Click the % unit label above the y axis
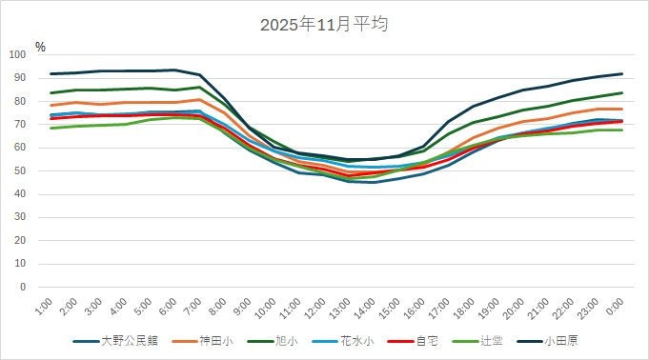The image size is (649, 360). tap(40, 46)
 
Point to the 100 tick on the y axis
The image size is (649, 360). tap(23, 54)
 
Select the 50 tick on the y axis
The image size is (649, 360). tap(26, 170)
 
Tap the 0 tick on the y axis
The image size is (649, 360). tap(29, 287)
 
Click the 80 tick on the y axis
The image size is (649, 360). tap(26, 101)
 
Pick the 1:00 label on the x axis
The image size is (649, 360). tap(43, 307)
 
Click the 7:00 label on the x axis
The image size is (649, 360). tap(192, 307)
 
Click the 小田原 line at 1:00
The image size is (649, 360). tap(51, 73)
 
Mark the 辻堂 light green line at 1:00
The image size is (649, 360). tap(51, 128)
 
